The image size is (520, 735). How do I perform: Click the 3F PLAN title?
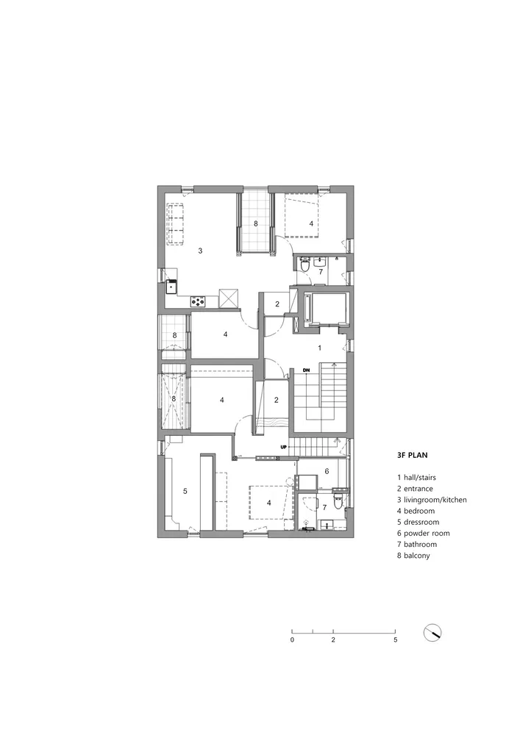click(412, 455)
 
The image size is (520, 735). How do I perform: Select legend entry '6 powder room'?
click(424, 533)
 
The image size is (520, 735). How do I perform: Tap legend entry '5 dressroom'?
click(419, 522)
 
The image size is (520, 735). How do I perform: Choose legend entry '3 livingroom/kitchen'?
click(432, 500)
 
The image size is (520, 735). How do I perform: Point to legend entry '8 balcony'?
click(413, 556)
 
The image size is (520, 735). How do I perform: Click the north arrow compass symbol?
click(432, 633)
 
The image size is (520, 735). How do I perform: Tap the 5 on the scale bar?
click(395, 640)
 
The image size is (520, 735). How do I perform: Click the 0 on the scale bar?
click(292, 640)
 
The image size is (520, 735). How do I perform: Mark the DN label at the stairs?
click(306, 370)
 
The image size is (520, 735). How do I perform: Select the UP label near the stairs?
click(283, 447)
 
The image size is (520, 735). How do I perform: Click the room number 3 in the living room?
click(200, 251)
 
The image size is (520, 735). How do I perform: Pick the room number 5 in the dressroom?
click(185, 491)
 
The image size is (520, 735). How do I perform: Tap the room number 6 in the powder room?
click(327, 471)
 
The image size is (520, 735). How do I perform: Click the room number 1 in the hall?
click(320, 348)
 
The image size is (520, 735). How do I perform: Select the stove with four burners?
click(199, 301)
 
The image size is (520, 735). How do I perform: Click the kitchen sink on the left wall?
click(171, 286)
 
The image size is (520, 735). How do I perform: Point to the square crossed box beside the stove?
click(229, 298)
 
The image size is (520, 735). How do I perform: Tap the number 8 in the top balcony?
click(255, 223)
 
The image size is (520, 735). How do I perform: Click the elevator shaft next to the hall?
click(324, 309)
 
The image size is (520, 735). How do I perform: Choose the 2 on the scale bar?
click(333, 640)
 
